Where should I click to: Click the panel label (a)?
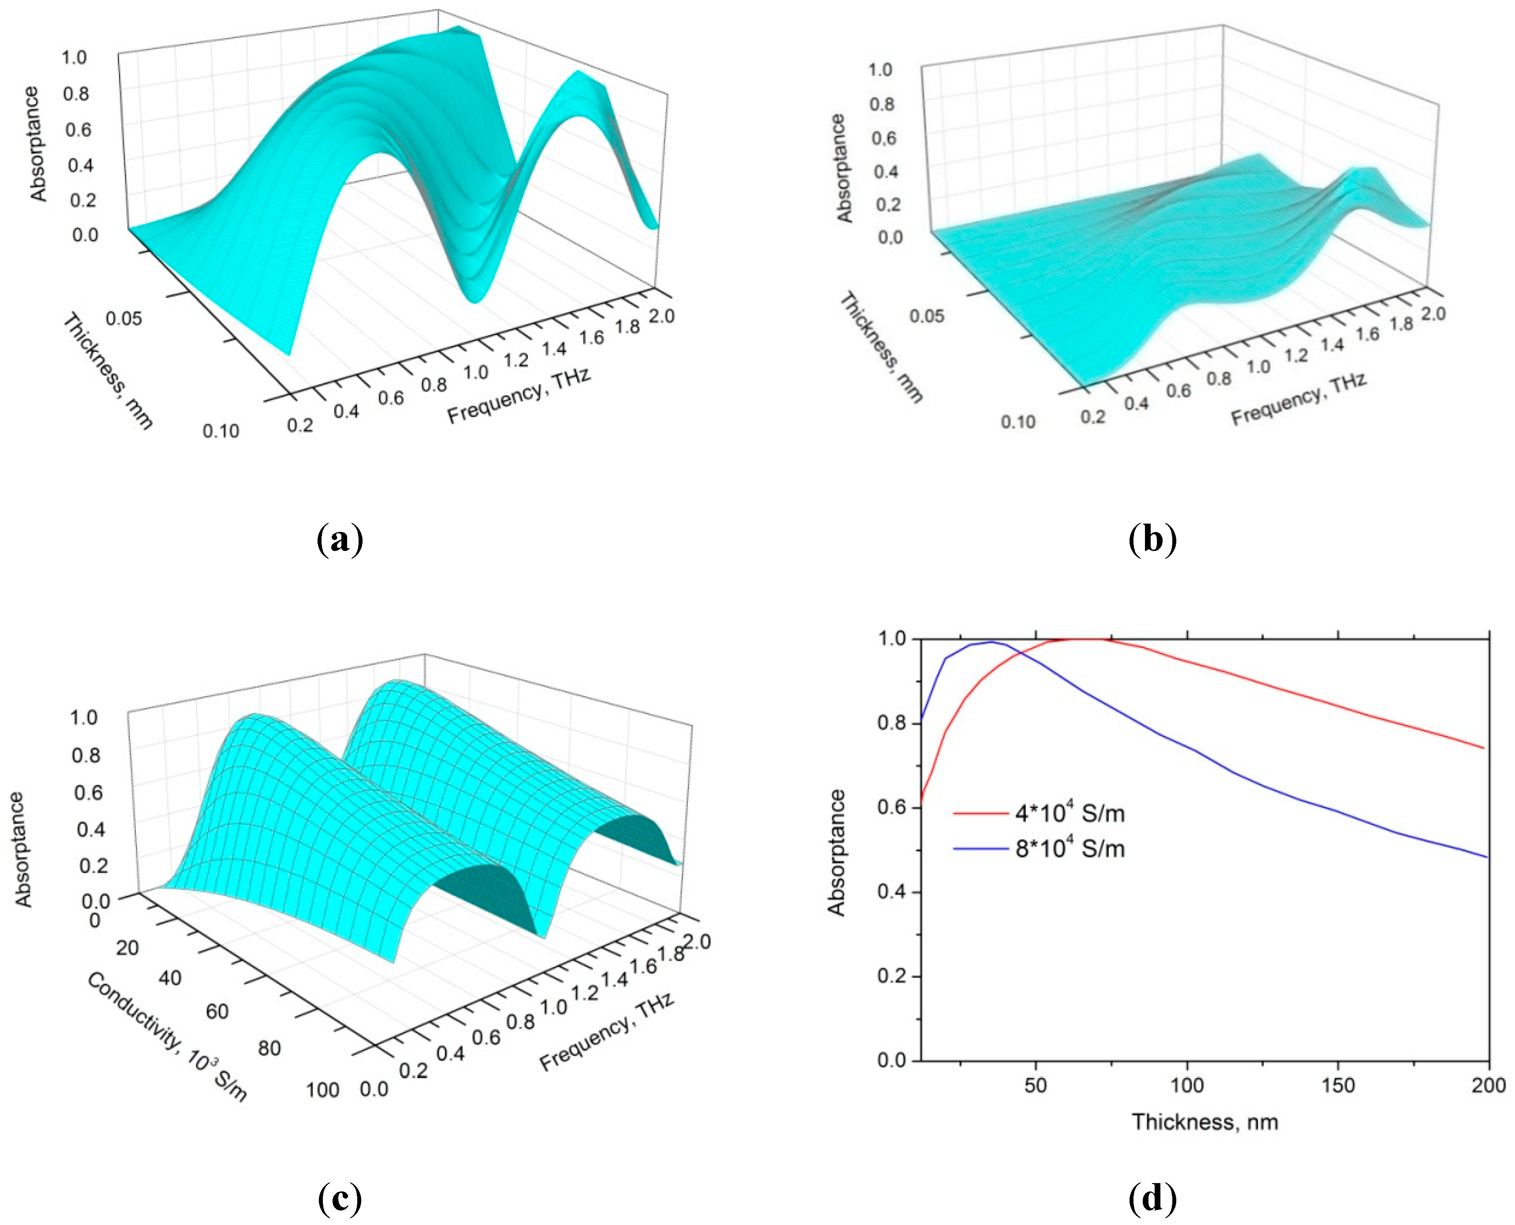pos(340,540)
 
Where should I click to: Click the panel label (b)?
pos(1153,540)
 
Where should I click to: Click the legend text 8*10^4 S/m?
pos(1070,848)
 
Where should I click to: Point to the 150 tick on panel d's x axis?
pos(1338,1085)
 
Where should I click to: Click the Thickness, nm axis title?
pos(1205,1122)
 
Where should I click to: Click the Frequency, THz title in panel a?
pos(519,395)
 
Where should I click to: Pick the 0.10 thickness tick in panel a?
pos(221,431)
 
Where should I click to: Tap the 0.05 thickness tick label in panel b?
pos(927,315)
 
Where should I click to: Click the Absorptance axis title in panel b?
pos(844,168)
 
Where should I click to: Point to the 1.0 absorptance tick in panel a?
pos(74,58)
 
